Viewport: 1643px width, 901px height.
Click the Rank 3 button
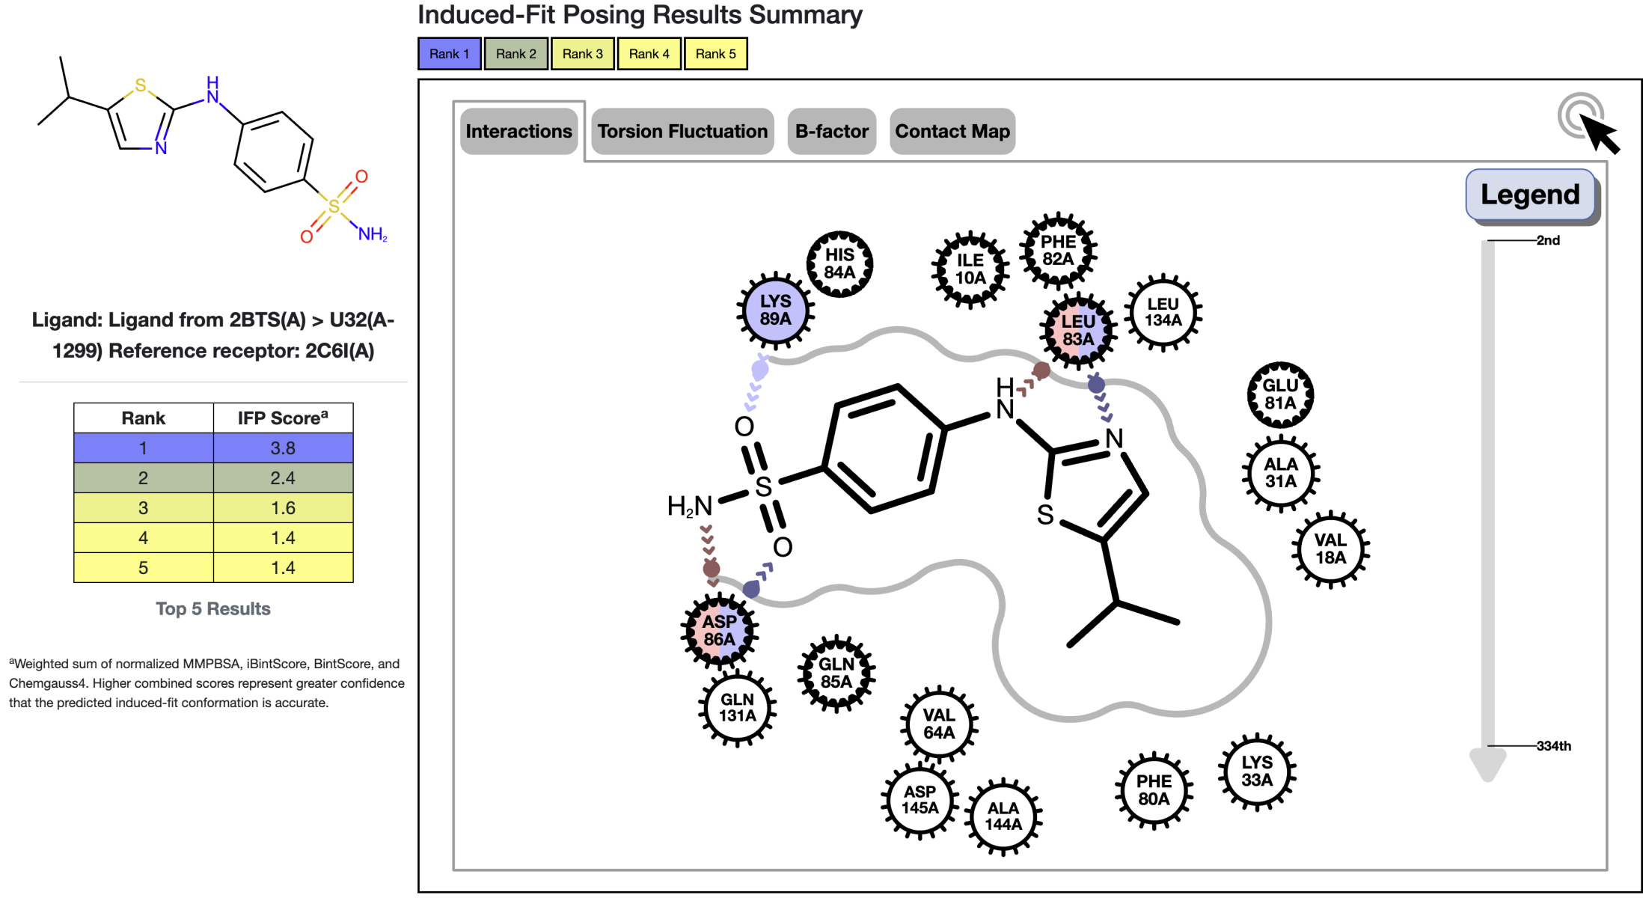tap(582, 54)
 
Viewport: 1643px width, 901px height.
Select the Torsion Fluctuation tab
tap(682, 132)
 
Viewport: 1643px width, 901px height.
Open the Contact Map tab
tap(952, 132)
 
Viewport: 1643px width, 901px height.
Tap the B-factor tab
tap(831, 132)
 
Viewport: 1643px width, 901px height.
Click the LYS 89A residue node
tap(775, 310)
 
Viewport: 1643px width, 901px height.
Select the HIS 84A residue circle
tap(839, 263)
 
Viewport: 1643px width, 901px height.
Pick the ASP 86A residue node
tap(719, 630)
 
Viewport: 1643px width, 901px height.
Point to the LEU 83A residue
tap(1078, 330)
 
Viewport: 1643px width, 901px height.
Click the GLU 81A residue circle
tap(1280, 394)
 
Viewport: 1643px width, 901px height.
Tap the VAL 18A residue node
tap(1330, 549)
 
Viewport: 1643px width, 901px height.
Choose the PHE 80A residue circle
tap(1154, 789)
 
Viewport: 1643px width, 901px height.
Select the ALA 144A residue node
tap(1003, 816)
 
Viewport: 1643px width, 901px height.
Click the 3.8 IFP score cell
tap(283, 448)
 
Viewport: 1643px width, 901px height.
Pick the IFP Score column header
tap(283, 418)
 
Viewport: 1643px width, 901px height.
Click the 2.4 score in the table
tap(283, 478)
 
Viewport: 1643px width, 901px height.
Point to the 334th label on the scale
tap(1553, 745)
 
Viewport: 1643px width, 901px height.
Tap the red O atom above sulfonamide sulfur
tap(361, 177)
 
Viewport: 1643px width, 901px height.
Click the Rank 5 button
tap(715, 54)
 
